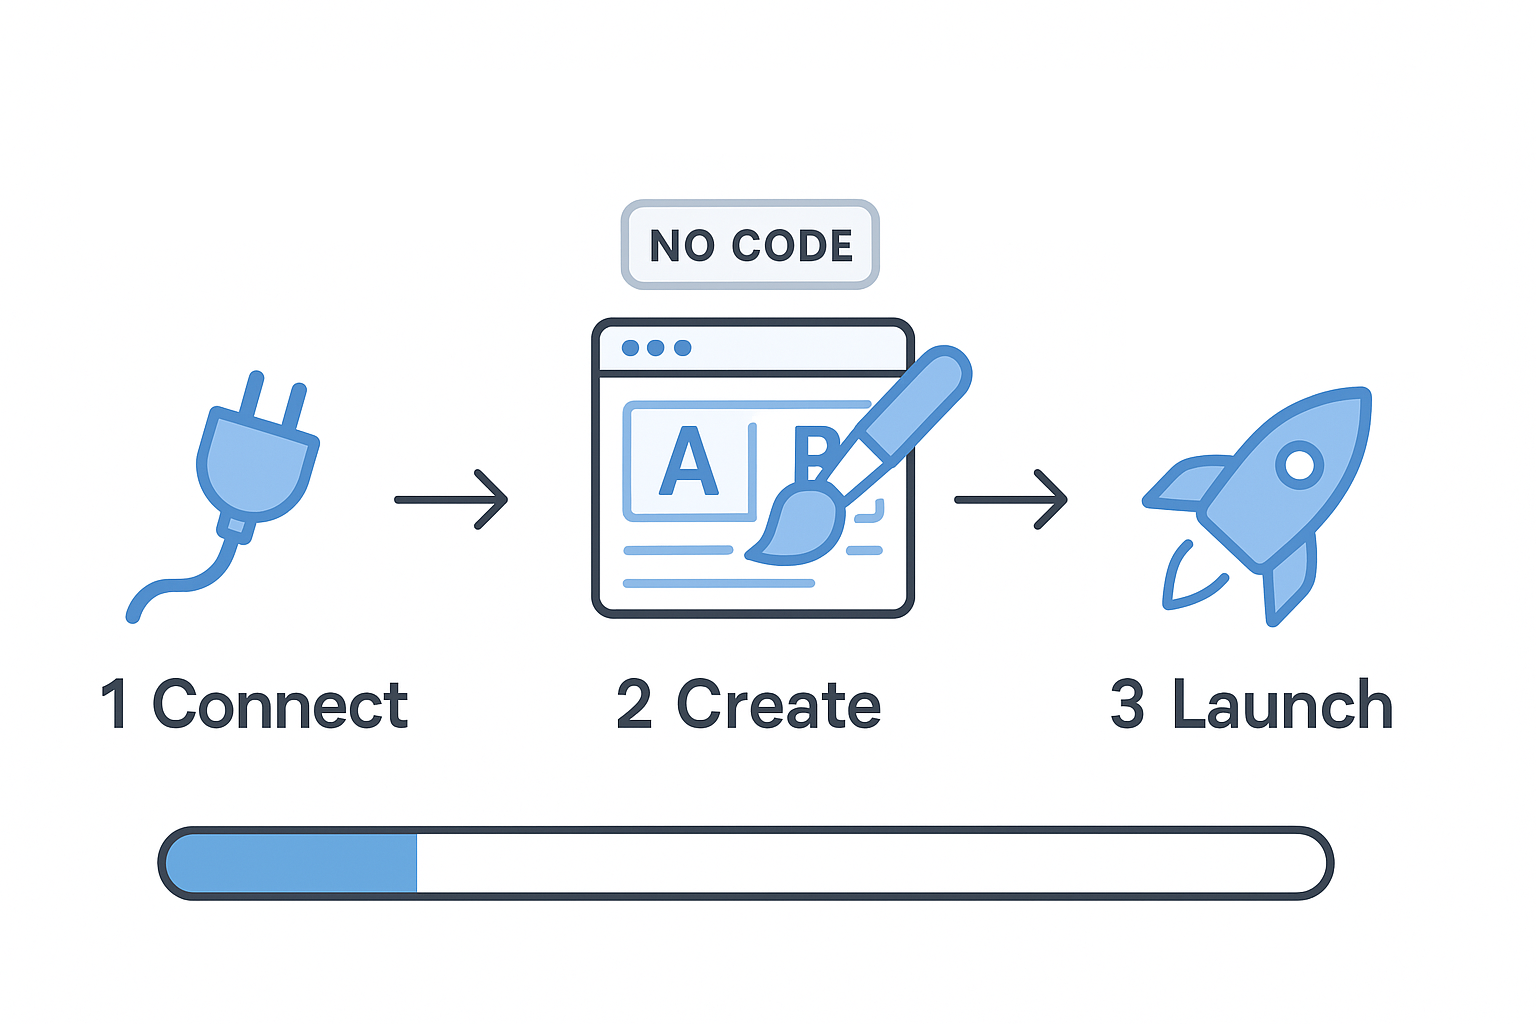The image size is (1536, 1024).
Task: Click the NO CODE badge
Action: click(750, 245)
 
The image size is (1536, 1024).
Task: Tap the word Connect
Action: click(280, 705)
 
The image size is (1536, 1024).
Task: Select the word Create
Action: click(779, 705)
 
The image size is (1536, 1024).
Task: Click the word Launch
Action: click(1282, 705)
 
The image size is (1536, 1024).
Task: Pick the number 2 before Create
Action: click(635, 705)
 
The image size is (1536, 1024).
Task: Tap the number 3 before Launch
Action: click(1127, 705)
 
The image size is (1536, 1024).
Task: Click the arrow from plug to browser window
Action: click(452, 499)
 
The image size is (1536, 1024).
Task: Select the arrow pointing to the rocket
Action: click(1011, 499)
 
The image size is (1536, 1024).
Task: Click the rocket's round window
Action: click(1300, 465)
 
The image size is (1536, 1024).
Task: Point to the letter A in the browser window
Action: click(689, 462)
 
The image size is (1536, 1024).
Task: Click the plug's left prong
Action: click(251, 395)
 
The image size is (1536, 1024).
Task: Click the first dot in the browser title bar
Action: click(630, 348)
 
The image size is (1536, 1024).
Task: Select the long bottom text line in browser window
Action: click(718, 583)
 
